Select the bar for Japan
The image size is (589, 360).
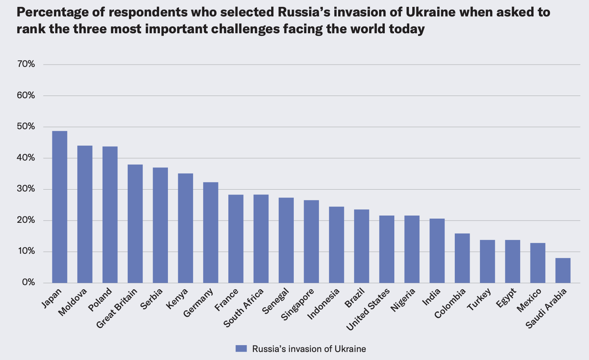click(60, 207)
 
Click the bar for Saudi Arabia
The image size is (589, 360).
click(563, 271)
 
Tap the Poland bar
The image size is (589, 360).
click(110, 214)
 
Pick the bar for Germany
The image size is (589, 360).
click(211, 232)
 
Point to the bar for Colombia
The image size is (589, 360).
click(462, 258)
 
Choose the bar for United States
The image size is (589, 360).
click(387, 249)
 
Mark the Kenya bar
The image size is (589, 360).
click(185, 228)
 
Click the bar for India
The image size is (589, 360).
click(437, 251)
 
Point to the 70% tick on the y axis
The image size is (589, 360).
click(26, 64)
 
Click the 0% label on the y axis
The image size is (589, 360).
click(28, 282)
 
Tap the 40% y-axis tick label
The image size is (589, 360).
click(26, 158)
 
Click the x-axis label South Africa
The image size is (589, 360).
click(244, 308)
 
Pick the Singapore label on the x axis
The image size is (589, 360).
click(298, 305)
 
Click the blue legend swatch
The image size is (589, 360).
click(241, 349)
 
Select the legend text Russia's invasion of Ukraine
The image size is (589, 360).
click(309, 349)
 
